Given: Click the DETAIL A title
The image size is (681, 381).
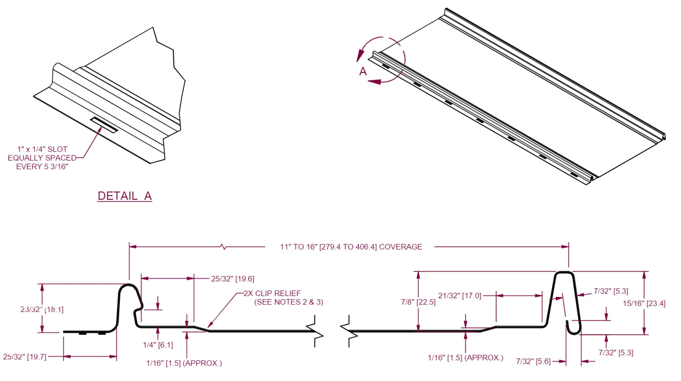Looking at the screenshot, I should click(x=124, y=196).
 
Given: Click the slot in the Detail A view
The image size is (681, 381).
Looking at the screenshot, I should click(x=104, y=125).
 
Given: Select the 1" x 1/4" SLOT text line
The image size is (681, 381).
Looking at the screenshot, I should click(x=42, y=149).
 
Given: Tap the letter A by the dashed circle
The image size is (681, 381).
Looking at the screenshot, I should click(x=363, y=71).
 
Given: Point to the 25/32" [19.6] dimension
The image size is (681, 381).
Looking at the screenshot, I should click(x=232, y=279).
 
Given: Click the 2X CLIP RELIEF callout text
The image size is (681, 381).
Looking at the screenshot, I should click(x=272, y=293).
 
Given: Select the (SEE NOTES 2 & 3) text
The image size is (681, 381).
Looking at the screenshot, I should click(x=288, y=302).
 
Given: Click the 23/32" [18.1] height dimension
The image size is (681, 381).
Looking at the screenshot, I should click(x=42, y=309).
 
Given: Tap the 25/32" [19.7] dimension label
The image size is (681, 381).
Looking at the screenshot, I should click(x=25, y=357).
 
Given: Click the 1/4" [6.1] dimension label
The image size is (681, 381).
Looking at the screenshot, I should click(x=158, y=345).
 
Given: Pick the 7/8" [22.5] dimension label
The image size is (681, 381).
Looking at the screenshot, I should click(x=418, y=302).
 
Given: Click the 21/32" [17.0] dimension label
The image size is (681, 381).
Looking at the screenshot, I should click(x=460, y=296).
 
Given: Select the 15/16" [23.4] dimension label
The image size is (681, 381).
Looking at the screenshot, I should click(x=644, y=303).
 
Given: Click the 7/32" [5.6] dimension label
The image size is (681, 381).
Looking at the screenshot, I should click(x=533, y=361).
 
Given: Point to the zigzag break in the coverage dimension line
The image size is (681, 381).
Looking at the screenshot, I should click(x=223, y=247).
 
